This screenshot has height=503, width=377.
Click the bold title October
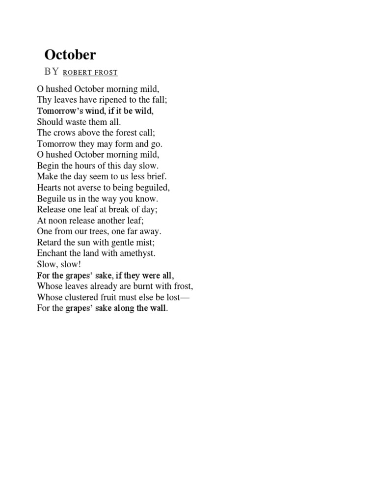pyautogui.click(x=70, y=54)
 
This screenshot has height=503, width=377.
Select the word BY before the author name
pyautogui.click(x=52, y=72)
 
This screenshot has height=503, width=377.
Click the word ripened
pyautogui.click(x=113, y=100)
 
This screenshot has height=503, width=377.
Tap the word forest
pyautogui.click(x=123, y=133)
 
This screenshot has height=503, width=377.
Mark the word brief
pyautogui.click(x=157, y=176)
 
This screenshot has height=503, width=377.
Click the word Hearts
pyautogui.click(x=50, y=187)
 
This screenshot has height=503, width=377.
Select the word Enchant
pyautogui.click(x=52, y=253)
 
